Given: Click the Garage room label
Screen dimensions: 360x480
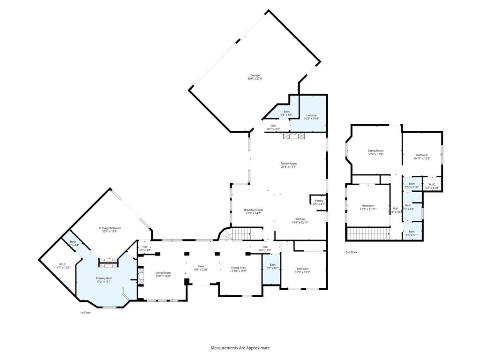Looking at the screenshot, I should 255,77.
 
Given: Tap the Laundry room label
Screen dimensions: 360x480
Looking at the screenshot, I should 312,117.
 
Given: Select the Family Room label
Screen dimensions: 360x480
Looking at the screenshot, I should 289,165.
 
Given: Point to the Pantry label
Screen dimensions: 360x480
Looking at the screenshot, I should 319,202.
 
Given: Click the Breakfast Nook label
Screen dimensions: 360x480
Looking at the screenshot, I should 253,211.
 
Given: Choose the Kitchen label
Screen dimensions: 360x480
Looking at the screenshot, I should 300,221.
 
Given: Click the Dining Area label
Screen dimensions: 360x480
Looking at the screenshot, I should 238,270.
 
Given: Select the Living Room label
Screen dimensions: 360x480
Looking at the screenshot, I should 163,274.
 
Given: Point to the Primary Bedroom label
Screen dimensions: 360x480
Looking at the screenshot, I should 110,229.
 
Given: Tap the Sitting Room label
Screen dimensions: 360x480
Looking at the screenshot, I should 375,152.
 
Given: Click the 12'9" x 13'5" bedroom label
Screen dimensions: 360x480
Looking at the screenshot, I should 302,270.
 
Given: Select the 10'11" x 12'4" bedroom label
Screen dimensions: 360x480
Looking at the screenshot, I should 422,157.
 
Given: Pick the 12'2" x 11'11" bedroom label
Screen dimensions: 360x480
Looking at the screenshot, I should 368,207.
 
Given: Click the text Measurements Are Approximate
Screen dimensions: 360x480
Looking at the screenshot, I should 240,348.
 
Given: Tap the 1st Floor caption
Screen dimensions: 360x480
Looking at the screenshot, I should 85,312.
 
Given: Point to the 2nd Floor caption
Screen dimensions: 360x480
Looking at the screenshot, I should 352,252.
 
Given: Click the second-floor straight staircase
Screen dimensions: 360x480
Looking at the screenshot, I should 368,233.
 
